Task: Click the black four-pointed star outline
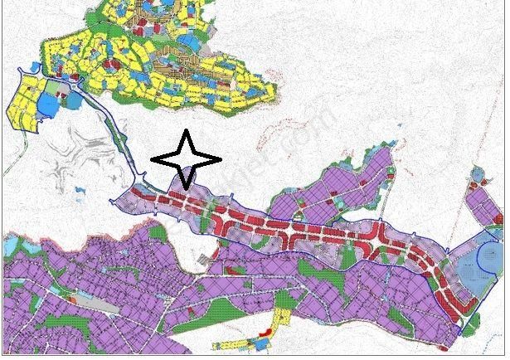(x=186, y=158)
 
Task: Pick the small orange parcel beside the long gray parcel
(x=72, y=299)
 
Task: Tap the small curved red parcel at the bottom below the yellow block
(x=265, y=333)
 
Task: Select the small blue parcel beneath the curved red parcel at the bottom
(x=267, y=343)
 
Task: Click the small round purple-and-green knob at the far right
(x=477, y=175)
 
